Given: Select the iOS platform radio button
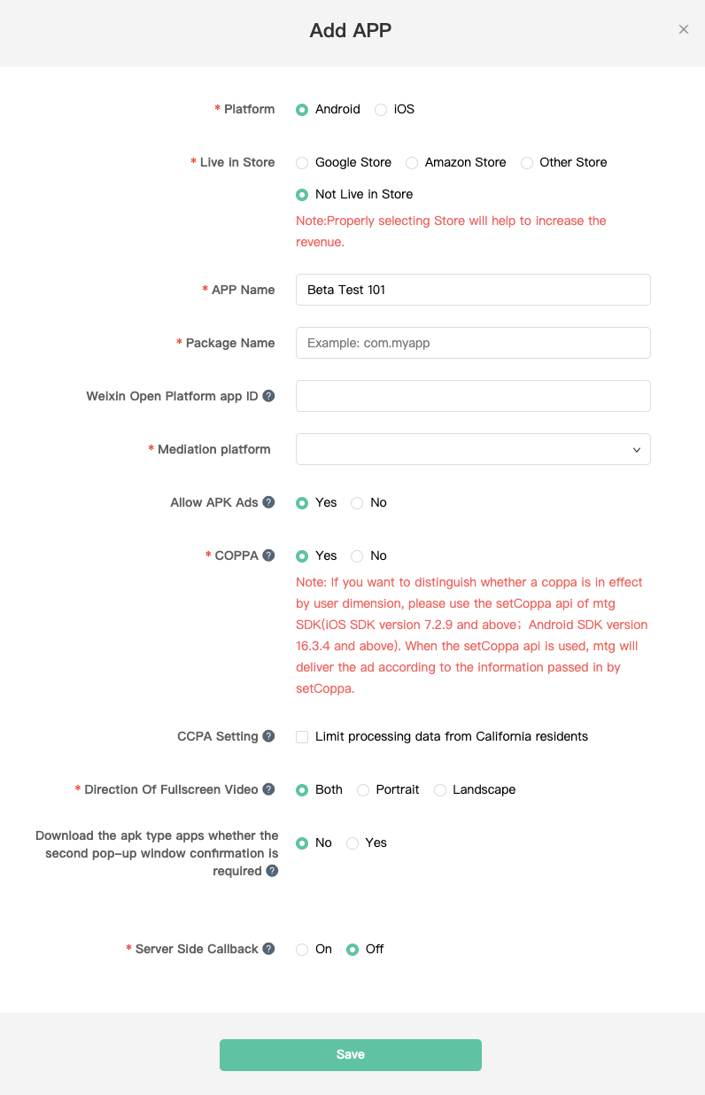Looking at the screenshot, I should (381, 110).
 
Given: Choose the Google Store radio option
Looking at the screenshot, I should (303, 163).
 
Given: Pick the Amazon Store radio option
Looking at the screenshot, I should (412, 163).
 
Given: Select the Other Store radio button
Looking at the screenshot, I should (527, 163).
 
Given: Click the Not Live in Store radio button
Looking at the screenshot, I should (303, 195).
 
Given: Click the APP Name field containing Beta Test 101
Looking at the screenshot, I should (473, 290).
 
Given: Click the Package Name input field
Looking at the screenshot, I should (473, 343).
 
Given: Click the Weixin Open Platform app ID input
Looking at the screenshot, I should (473, 396).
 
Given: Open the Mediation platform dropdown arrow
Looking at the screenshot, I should (636, 450).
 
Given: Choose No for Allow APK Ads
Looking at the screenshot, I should (358, 503).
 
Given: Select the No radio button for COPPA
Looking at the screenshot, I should (358, 556).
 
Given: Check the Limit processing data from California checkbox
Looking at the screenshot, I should (303, 737).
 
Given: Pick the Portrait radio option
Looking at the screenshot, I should (363, 790).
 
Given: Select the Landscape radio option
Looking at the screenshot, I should (440, 790).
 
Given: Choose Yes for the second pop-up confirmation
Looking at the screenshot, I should (352, 843).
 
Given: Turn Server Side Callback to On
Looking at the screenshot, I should (303, 950).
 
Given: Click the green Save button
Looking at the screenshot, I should (351, 1055).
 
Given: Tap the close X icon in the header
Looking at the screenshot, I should (684, 29).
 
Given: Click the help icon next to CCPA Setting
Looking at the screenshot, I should (268, 736).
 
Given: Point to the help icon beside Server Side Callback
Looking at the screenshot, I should (268, 949).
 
